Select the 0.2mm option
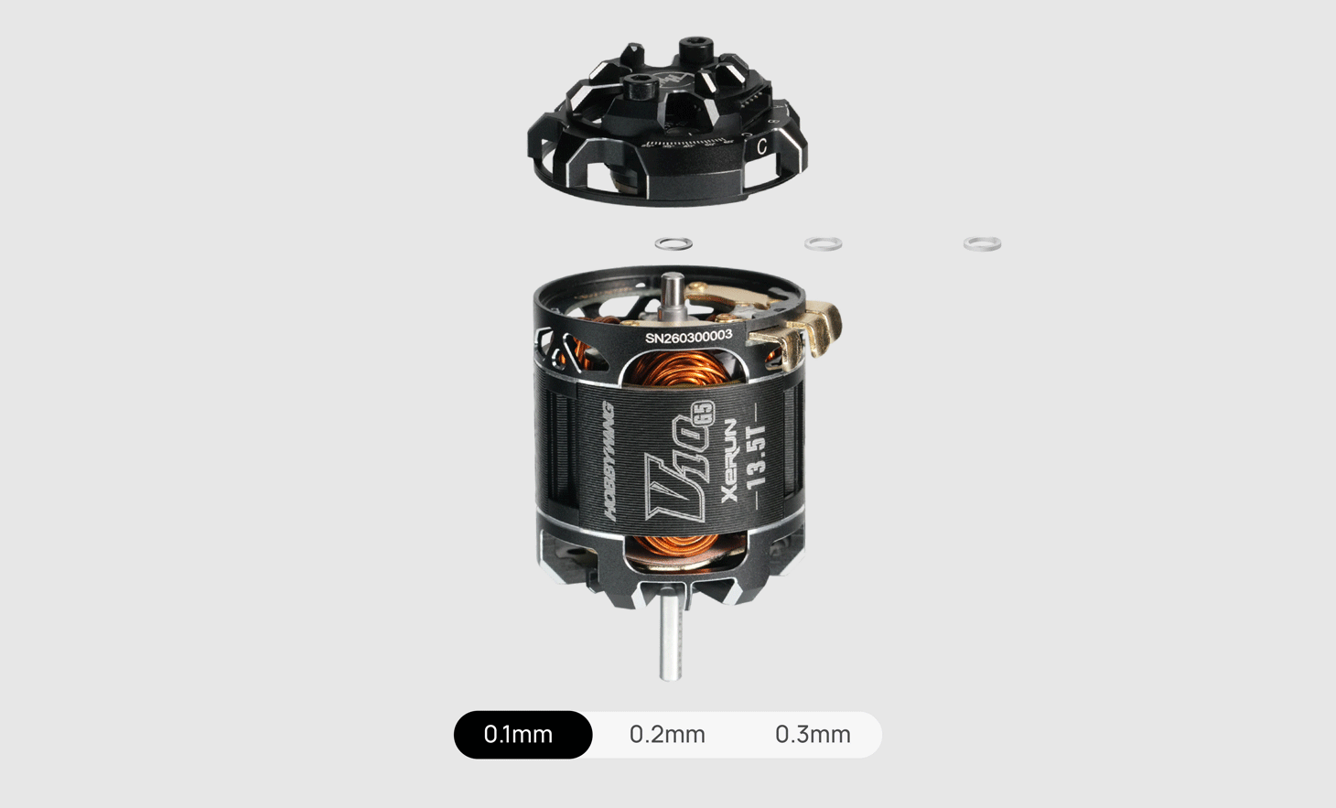[x=667, y=735]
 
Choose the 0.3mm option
[x=813, y=735]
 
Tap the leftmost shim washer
[x=673, y=243]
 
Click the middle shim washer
[x=823, y=243]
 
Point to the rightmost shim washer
[x=982, y=243]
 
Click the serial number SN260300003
[x=688, y=337]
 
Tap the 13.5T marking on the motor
[x=756, y=457]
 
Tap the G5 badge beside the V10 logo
[x=702, y=413]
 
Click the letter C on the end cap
[x=761, y=146]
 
